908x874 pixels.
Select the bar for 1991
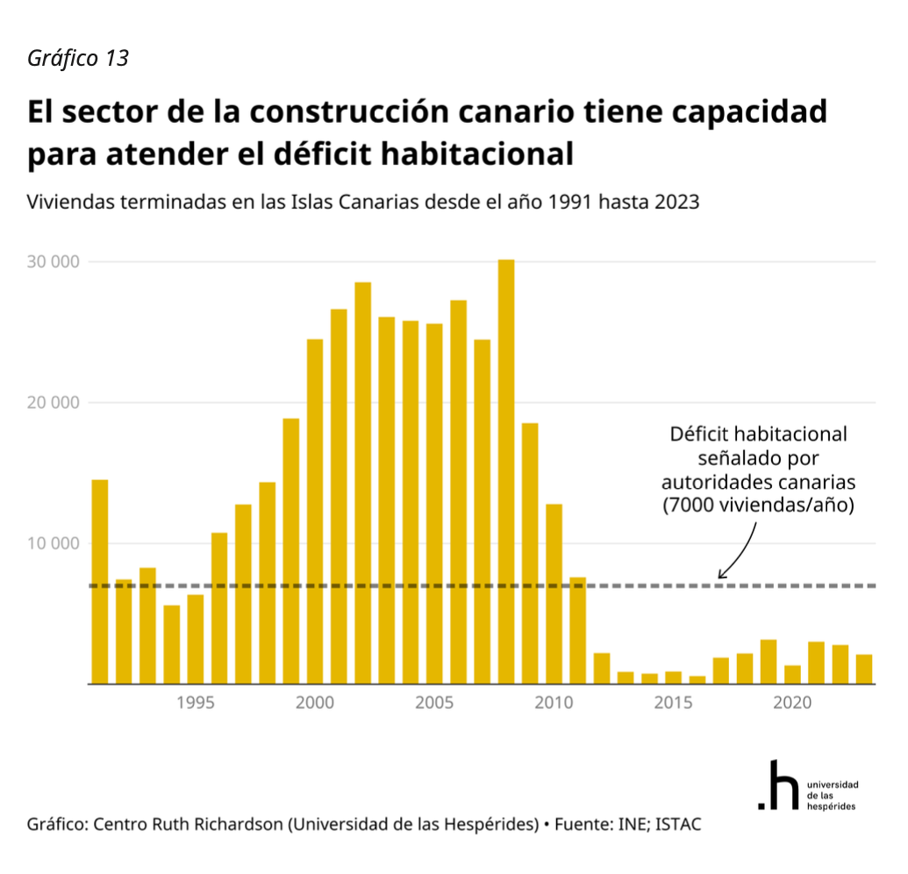click(x=100, y=581)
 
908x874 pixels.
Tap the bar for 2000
click(x=315, y=511)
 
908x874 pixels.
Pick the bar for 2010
click(x=554, y=593)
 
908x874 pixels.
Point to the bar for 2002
click(x=362, y=483)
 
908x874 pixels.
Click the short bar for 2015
click(x=673, y=677)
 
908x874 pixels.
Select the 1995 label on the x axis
click(x=196, y=703)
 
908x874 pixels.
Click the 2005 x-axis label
click(x=434, y=703)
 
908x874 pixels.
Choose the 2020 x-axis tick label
click(x=792, y=703)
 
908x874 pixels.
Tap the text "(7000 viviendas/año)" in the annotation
click(x=758, y=506)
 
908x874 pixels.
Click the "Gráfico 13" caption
click(x=78, y=58)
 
